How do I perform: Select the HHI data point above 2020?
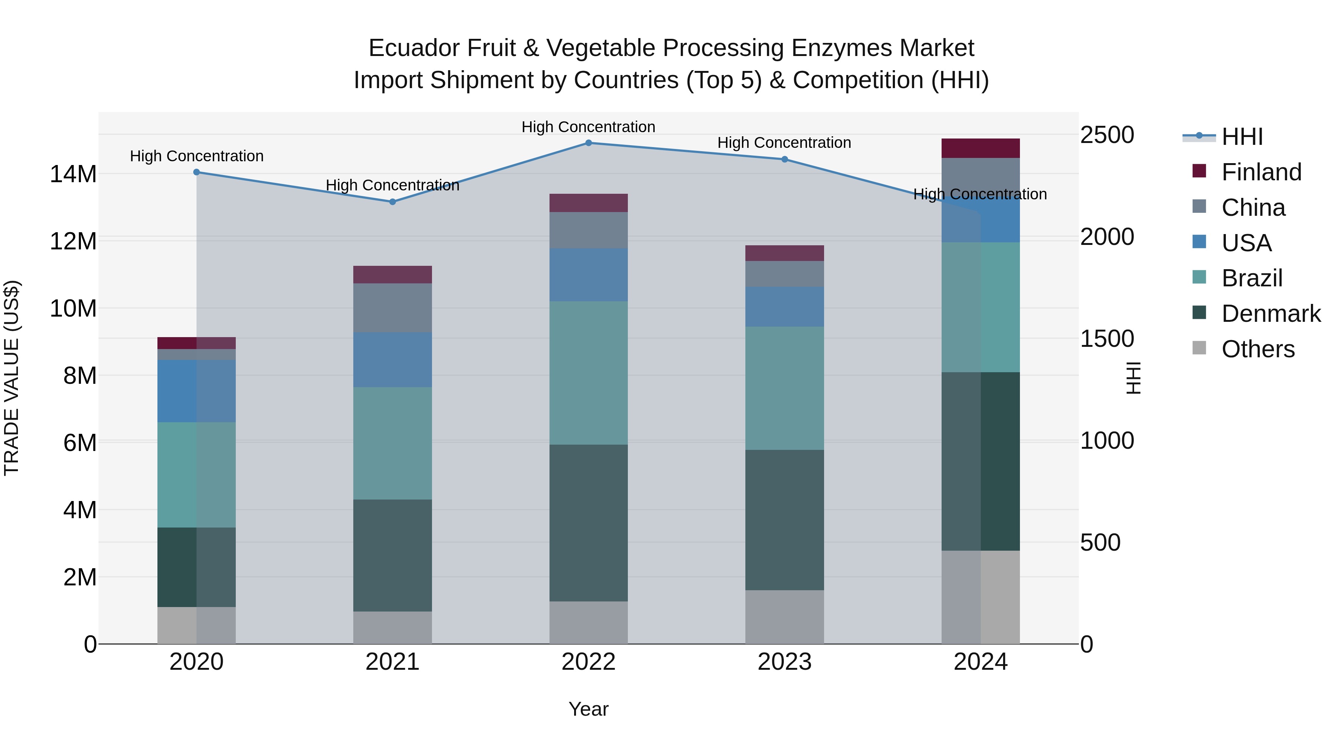pyautogui.click(x=197, y=172)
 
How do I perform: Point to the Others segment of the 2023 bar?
pyautogui.click(x=784, y=617)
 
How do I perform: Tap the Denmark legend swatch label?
pyautogui.click(x=1271, y=314)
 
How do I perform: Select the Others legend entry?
pyautogui.click(x=1258, y=349)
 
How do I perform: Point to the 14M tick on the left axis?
pyautogui.click(x=73, y=174)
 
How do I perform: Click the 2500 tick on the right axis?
pyautogui.click(x=1106, y=135)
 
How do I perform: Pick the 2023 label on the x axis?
pyautogui.click(x=784, y=662)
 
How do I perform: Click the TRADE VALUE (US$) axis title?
pyautogui.click(x=12, y=378)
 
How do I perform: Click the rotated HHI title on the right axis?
pyautogui.click(x=1133, y=378)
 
